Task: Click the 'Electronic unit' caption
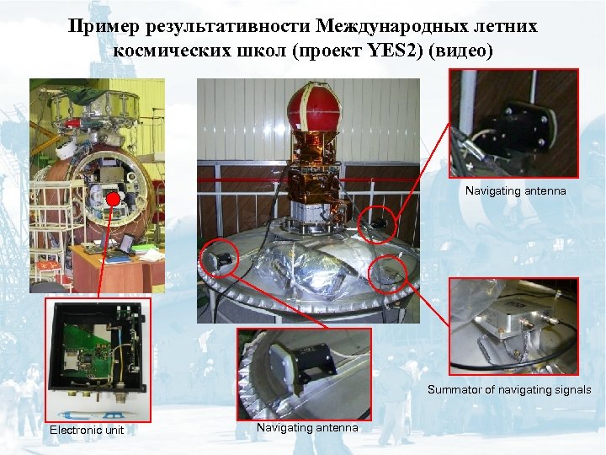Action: click(x=87, y=431)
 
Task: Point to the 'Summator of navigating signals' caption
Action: click(x=509, y=390)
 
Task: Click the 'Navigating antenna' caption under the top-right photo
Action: click(x=516, y=191)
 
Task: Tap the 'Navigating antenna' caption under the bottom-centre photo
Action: click(x=307, y=428)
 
